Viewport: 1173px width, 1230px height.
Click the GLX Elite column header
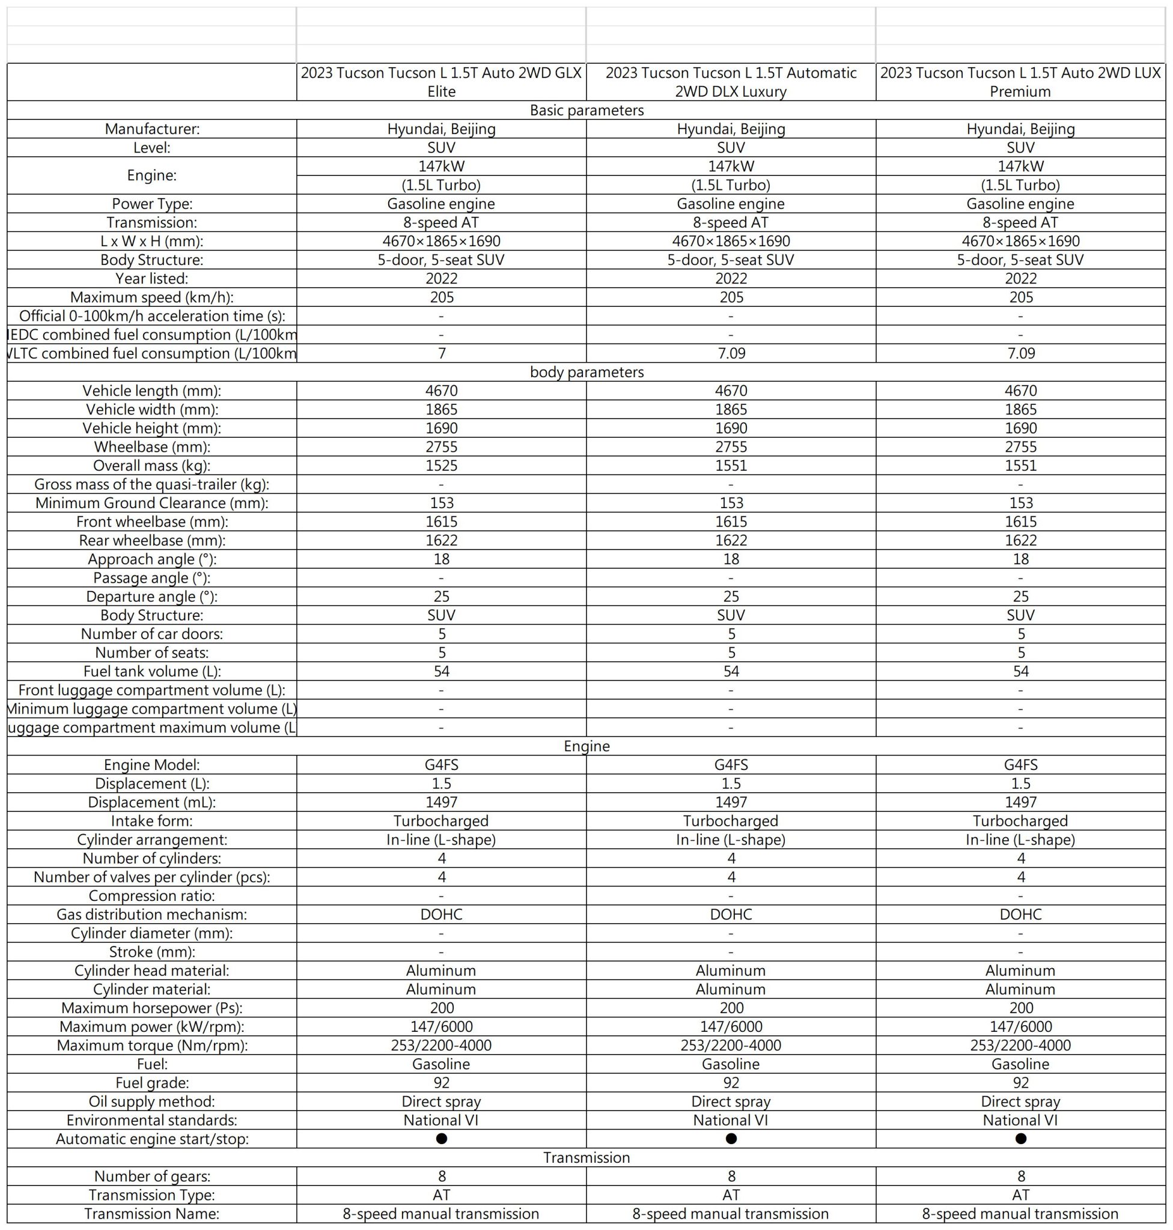pyautogui.click(x=441, y=82)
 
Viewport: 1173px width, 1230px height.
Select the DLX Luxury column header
pyautogui.click(x=730, y=82)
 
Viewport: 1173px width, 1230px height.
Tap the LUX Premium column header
pyautogui.click(x=1020, y=82)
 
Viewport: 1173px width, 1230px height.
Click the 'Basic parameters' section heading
pyautogui.click(x=586, y=111)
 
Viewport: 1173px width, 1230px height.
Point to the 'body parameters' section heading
pyautogui.click(x=586, y=372)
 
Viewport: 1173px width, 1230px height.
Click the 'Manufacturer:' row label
pyautogui.click(x=152, y=129)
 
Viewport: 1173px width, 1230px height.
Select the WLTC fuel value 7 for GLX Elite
pyautogui.click(x=442, y=354)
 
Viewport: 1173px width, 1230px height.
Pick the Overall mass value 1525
pyautogui.click(x=442, y=465)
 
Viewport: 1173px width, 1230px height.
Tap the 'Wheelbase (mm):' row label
pyautogui.click(x=152, y=447)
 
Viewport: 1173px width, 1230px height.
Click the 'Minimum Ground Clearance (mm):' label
pyautogui.click(x=152, y=503)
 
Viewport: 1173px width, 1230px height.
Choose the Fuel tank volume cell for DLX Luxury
pyautogui.click(x=731, y=671)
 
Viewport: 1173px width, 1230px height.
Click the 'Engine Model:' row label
pyautogui.click(x=152, y=765)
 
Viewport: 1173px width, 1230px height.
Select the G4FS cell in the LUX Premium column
pyautogui.click(x=1020, y=765)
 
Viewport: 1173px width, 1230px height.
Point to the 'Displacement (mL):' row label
pyautogui.click(x=152, y=802)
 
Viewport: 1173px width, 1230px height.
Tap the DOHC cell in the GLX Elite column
pyautogui.click(x=442, y=914)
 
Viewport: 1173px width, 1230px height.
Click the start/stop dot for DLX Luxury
pyautogui.click(x=731, y=1139)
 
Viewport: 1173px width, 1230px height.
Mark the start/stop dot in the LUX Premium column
pyautogui.click(x=1020, y=1139)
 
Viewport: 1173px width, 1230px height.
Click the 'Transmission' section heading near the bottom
pyautogui.click(x=586, y=1157)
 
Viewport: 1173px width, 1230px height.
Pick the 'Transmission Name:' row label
pyautogui.click(x=152, y=1214)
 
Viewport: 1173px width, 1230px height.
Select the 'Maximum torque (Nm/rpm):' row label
pyautogui.click(x=152, y=1046)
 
